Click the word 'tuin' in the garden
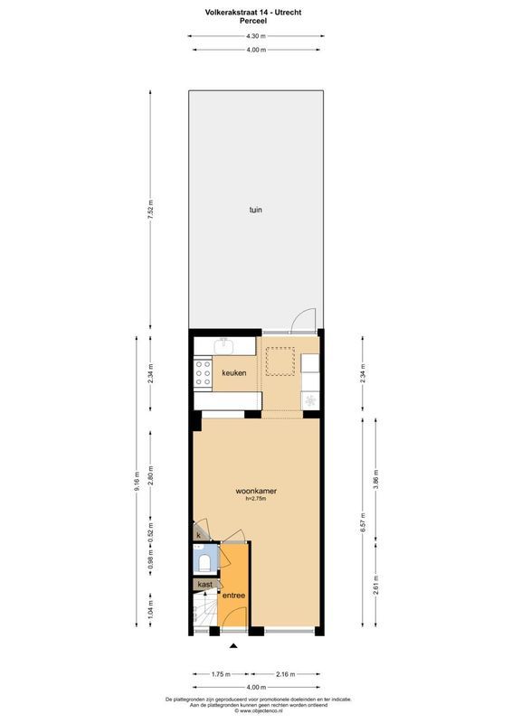coord(256,210)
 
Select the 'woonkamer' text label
coord(255,492)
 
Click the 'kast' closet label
coord(205,585)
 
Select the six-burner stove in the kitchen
coord(202,372)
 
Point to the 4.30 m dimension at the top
coord(256,35)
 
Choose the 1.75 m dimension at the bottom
coord(218,674)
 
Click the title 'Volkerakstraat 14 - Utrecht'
coord(256,11)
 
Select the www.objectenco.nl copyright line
coord(256,711)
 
